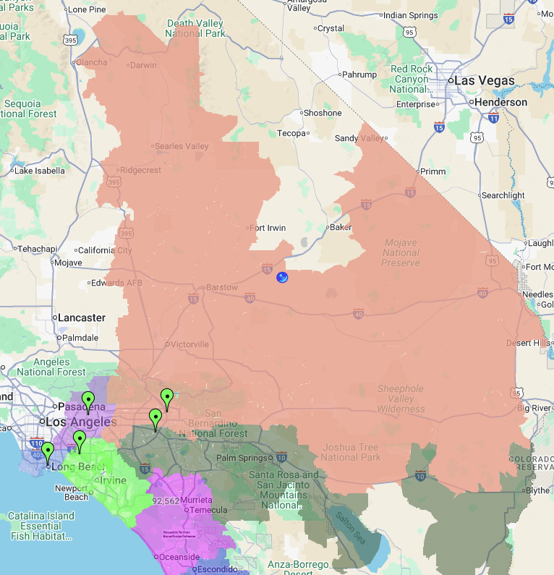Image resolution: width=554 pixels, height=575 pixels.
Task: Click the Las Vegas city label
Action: pos(484,81)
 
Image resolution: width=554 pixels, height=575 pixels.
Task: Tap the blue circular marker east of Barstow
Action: pos(283,277)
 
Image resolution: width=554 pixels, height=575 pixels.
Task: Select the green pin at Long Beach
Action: pos(48,452)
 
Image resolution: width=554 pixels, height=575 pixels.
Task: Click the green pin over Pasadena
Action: pos(88,400)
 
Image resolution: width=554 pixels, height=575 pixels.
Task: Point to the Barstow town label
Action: pos(221,287)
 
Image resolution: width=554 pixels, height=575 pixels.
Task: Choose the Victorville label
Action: pos(189,344)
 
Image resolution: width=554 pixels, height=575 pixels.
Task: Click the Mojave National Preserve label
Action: pos(400,253)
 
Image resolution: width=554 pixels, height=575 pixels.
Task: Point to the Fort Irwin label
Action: pos(268,228)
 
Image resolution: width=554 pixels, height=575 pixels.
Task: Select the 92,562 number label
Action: pos(166,501)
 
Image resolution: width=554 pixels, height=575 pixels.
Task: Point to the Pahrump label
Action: pos(359,74)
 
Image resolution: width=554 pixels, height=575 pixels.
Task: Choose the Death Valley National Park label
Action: pos(195,27)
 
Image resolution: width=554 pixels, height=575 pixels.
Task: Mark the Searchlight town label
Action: pos(503,196)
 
